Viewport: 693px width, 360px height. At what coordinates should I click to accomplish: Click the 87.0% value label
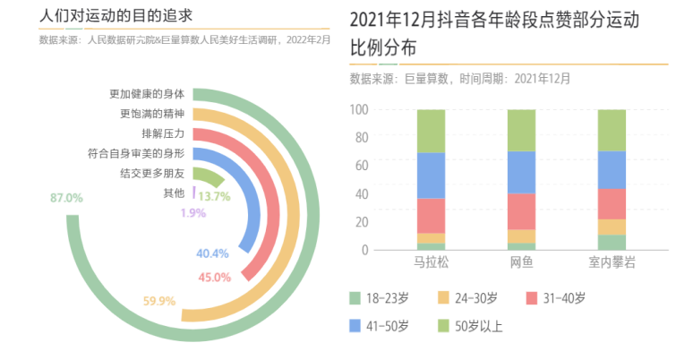(x=66, y=197)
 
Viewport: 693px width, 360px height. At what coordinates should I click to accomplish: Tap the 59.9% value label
(x=158, y=301)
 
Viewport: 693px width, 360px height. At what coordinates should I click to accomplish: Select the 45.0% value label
(x=214, y=277)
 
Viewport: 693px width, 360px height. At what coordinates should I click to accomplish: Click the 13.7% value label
(x=214, y=196)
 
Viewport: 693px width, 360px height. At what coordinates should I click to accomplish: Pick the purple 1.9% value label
(x=192, y=213)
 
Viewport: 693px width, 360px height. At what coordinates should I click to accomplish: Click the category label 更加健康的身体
(x=147, y=94)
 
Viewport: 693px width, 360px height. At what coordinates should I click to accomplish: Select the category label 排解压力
(x=163, y=133)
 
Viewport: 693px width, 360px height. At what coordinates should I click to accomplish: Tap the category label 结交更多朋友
(x=152, y=173)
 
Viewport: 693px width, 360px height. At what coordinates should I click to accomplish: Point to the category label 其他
(x=174, y=193)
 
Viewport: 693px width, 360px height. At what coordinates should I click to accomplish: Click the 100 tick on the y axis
(x=360, y=110)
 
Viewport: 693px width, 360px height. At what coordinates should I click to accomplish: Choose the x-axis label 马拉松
(x=431, y=264)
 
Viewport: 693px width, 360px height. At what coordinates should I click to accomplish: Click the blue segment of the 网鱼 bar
(x=521, y=172)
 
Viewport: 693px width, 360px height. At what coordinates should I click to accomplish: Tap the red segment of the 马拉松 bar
(x=431, y=216)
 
